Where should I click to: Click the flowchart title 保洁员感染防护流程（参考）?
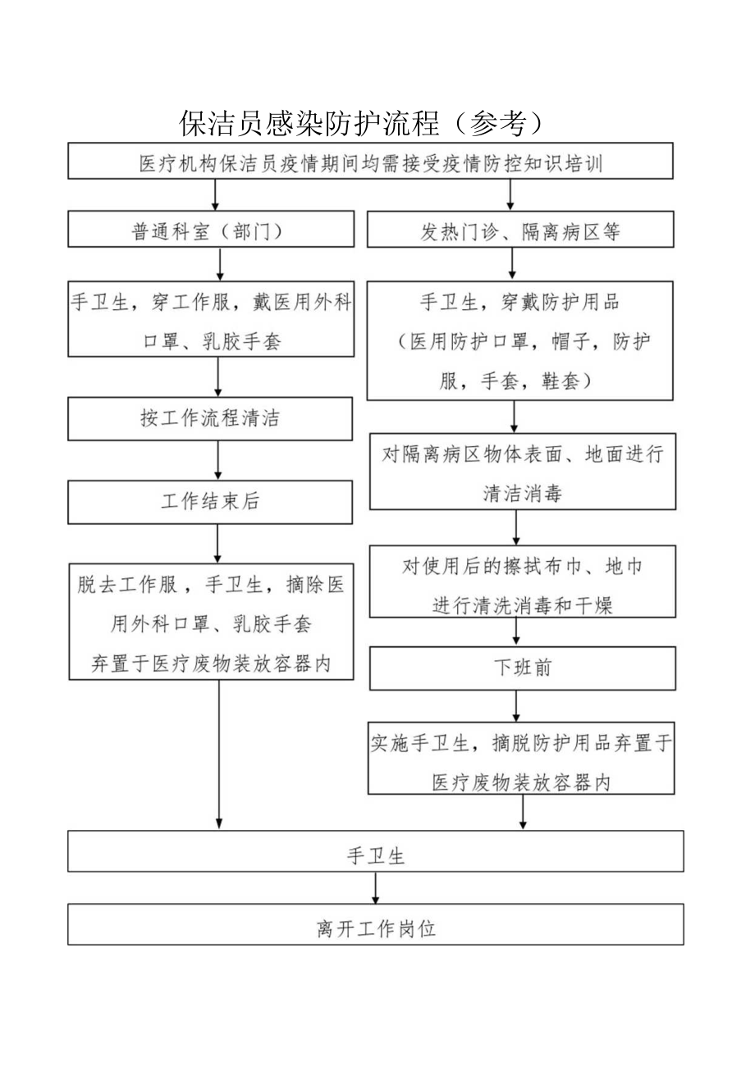point(361,121)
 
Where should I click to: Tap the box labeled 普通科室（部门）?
point(211,230)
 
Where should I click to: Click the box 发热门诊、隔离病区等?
point(520,230)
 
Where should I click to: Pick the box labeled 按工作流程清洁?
point(211,419)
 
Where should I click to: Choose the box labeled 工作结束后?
point(211,502)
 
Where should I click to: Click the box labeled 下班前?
point(523,668)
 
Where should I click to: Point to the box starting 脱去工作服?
point(211,621)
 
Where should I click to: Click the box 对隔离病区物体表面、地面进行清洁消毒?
point(523,472)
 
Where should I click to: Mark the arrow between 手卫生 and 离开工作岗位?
point(376,887)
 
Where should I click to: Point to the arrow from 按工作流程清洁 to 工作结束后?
point(217,460)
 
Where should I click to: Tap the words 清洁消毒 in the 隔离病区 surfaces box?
point(523,493)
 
